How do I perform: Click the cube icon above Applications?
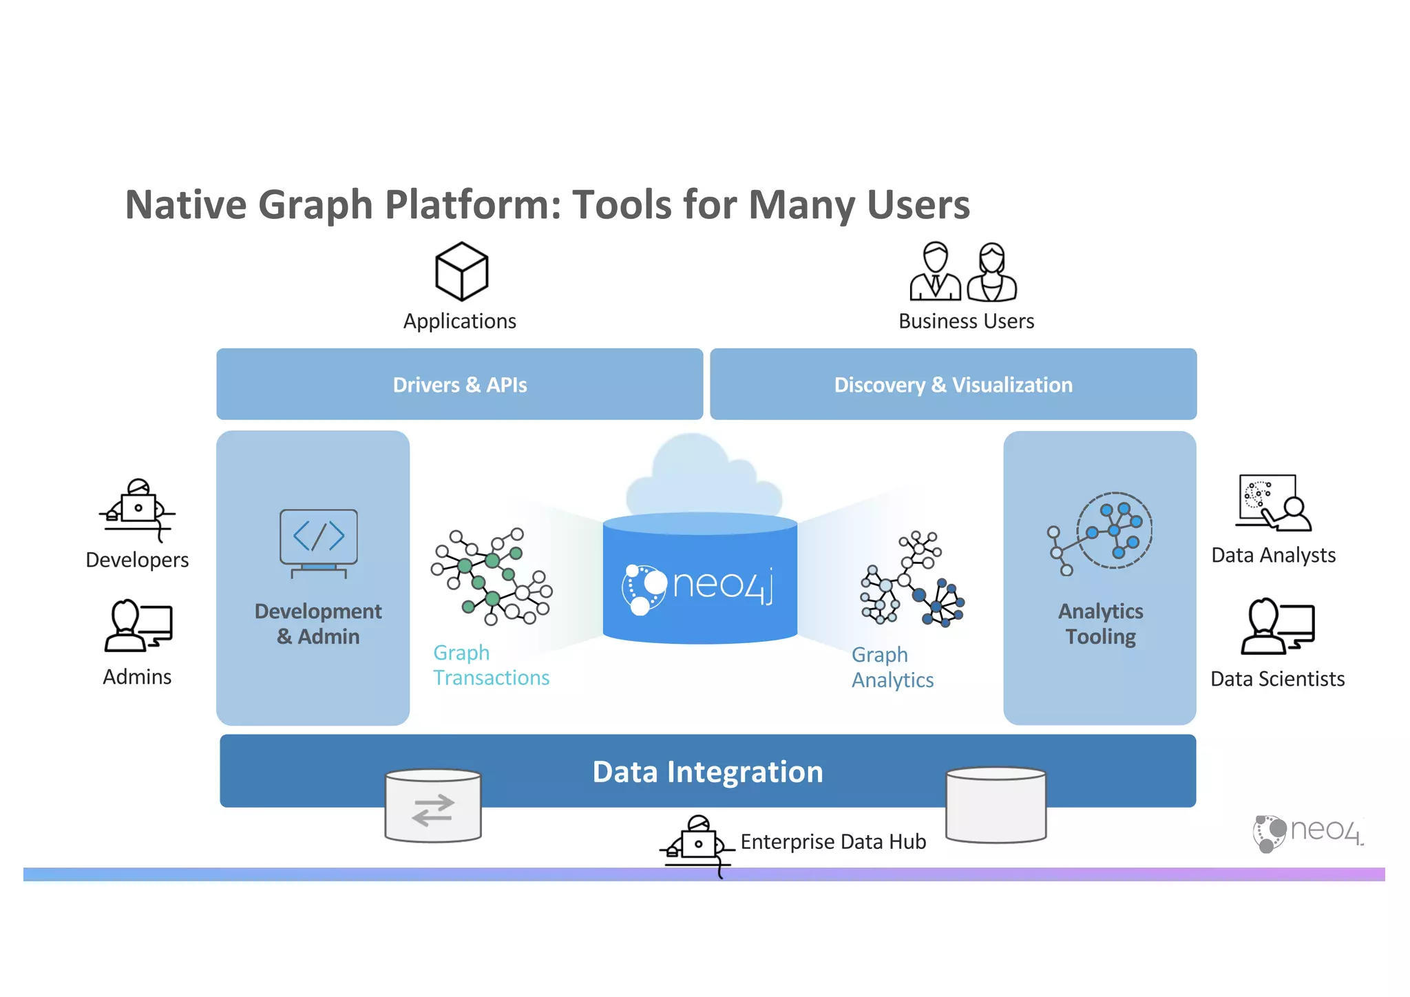tap(461, 271)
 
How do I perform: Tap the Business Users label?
tap(966, 322)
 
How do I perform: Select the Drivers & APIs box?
tap(459, 384)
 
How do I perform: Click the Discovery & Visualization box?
tap(953, 384)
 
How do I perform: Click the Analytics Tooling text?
tap(1100, 624)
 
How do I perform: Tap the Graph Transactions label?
tap(490, 665)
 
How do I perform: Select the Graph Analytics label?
tap(892, 667)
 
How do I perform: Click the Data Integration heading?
tap(708, 772)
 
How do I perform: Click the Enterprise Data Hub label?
tap(833, 842)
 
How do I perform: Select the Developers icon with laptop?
tap(138, 510)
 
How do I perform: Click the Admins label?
tap(137, 677)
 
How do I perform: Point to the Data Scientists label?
tap(1277, 679)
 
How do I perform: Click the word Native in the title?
tap(185, 205)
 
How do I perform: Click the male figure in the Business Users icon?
tap(935, 272)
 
